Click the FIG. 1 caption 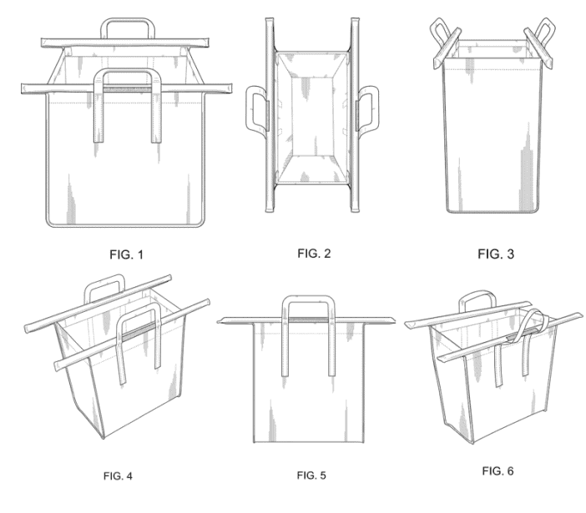click(x=126, y=254)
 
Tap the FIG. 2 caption click(x=314, y=254)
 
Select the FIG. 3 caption click(x=496, y=254)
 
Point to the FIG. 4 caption click(x=118, y=476)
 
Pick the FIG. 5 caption click(x=311, y=475)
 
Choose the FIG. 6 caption click(x=498, y=470)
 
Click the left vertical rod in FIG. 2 click(x=270, y=114)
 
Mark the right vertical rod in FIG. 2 click(x=355, y=114)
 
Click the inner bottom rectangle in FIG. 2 click(x=312, y=116)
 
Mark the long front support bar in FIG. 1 click(x=126, y=88)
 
